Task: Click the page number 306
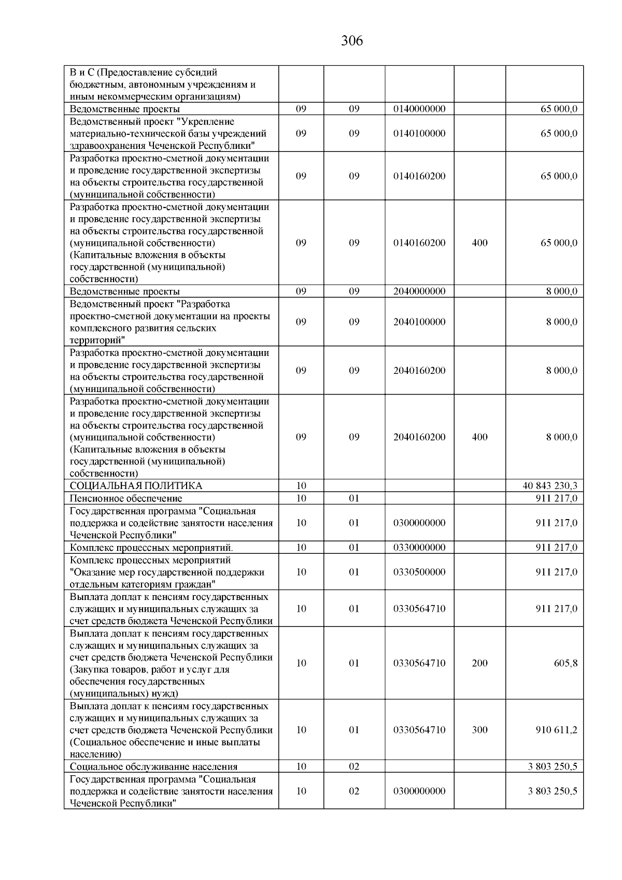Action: click(352, 41)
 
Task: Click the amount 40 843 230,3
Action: click(550, 486)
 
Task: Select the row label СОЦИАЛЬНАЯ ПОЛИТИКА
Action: click(136, 486)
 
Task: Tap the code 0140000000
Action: click(419, 109)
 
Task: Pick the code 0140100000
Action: click(419, 133)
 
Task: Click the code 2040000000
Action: click(419, 291)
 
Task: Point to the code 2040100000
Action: click(419, 322)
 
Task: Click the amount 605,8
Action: click(566, 663)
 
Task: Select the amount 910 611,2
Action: click(556, 730)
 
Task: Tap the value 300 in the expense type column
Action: click(479, 730)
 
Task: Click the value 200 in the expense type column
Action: click(479, 663)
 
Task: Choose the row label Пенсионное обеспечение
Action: click(126, 498)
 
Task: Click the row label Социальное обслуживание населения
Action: click(153, 767)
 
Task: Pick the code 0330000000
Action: click(419, 548)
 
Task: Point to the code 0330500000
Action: click(419, 572)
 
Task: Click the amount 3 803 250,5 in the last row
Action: click(553, 791)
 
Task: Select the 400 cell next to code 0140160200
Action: click(479, 243)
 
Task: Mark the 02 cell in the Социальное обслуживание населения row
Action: click(354, 767)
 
